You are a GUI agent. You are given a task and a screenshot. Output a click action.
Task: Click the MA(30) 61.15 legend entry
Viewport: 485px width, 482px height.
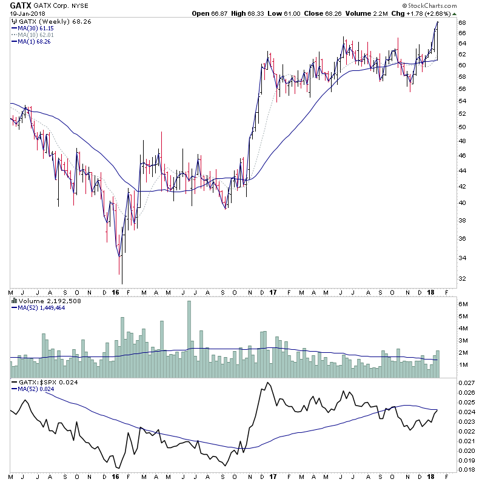(x=35, y=28)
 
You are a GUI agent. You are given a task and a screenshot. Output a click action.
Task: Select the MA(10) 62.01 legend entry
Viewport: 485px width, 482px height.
(x=35, y=35)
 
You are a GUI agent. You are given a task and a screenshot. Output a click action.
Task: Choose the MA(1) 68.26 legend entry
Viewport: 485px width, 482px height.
(x=33, y=41)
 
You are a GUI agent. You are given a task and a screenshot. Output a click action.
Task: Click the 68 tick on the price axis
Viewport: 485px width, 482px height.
(x=462, y=23)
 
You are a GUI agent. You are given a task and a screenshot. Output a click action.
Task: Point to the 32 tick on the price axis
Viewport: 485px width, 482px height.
(x=462, y=279)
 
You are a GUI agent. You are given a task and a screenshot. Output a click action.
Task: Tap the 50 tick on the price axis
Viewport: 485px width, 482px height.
(x=462, y=127)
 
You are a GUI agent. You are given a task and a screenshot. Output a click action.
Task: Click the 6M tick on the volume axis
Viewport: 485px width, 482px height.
(x=463, y=303)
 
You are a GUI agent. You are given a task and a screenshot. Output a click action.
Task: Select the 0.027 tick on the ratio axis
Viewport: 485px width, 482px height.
(x=466, y=383)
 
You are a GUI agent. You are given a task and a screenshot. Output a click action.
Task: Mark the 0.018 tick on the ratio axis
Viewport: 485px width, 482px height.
(x=466, y=469)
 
